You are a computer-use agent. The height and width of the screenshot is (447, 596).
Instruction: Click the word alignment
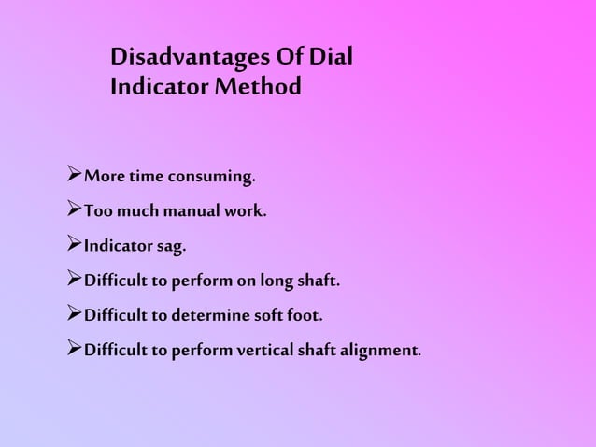point(377,352)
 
